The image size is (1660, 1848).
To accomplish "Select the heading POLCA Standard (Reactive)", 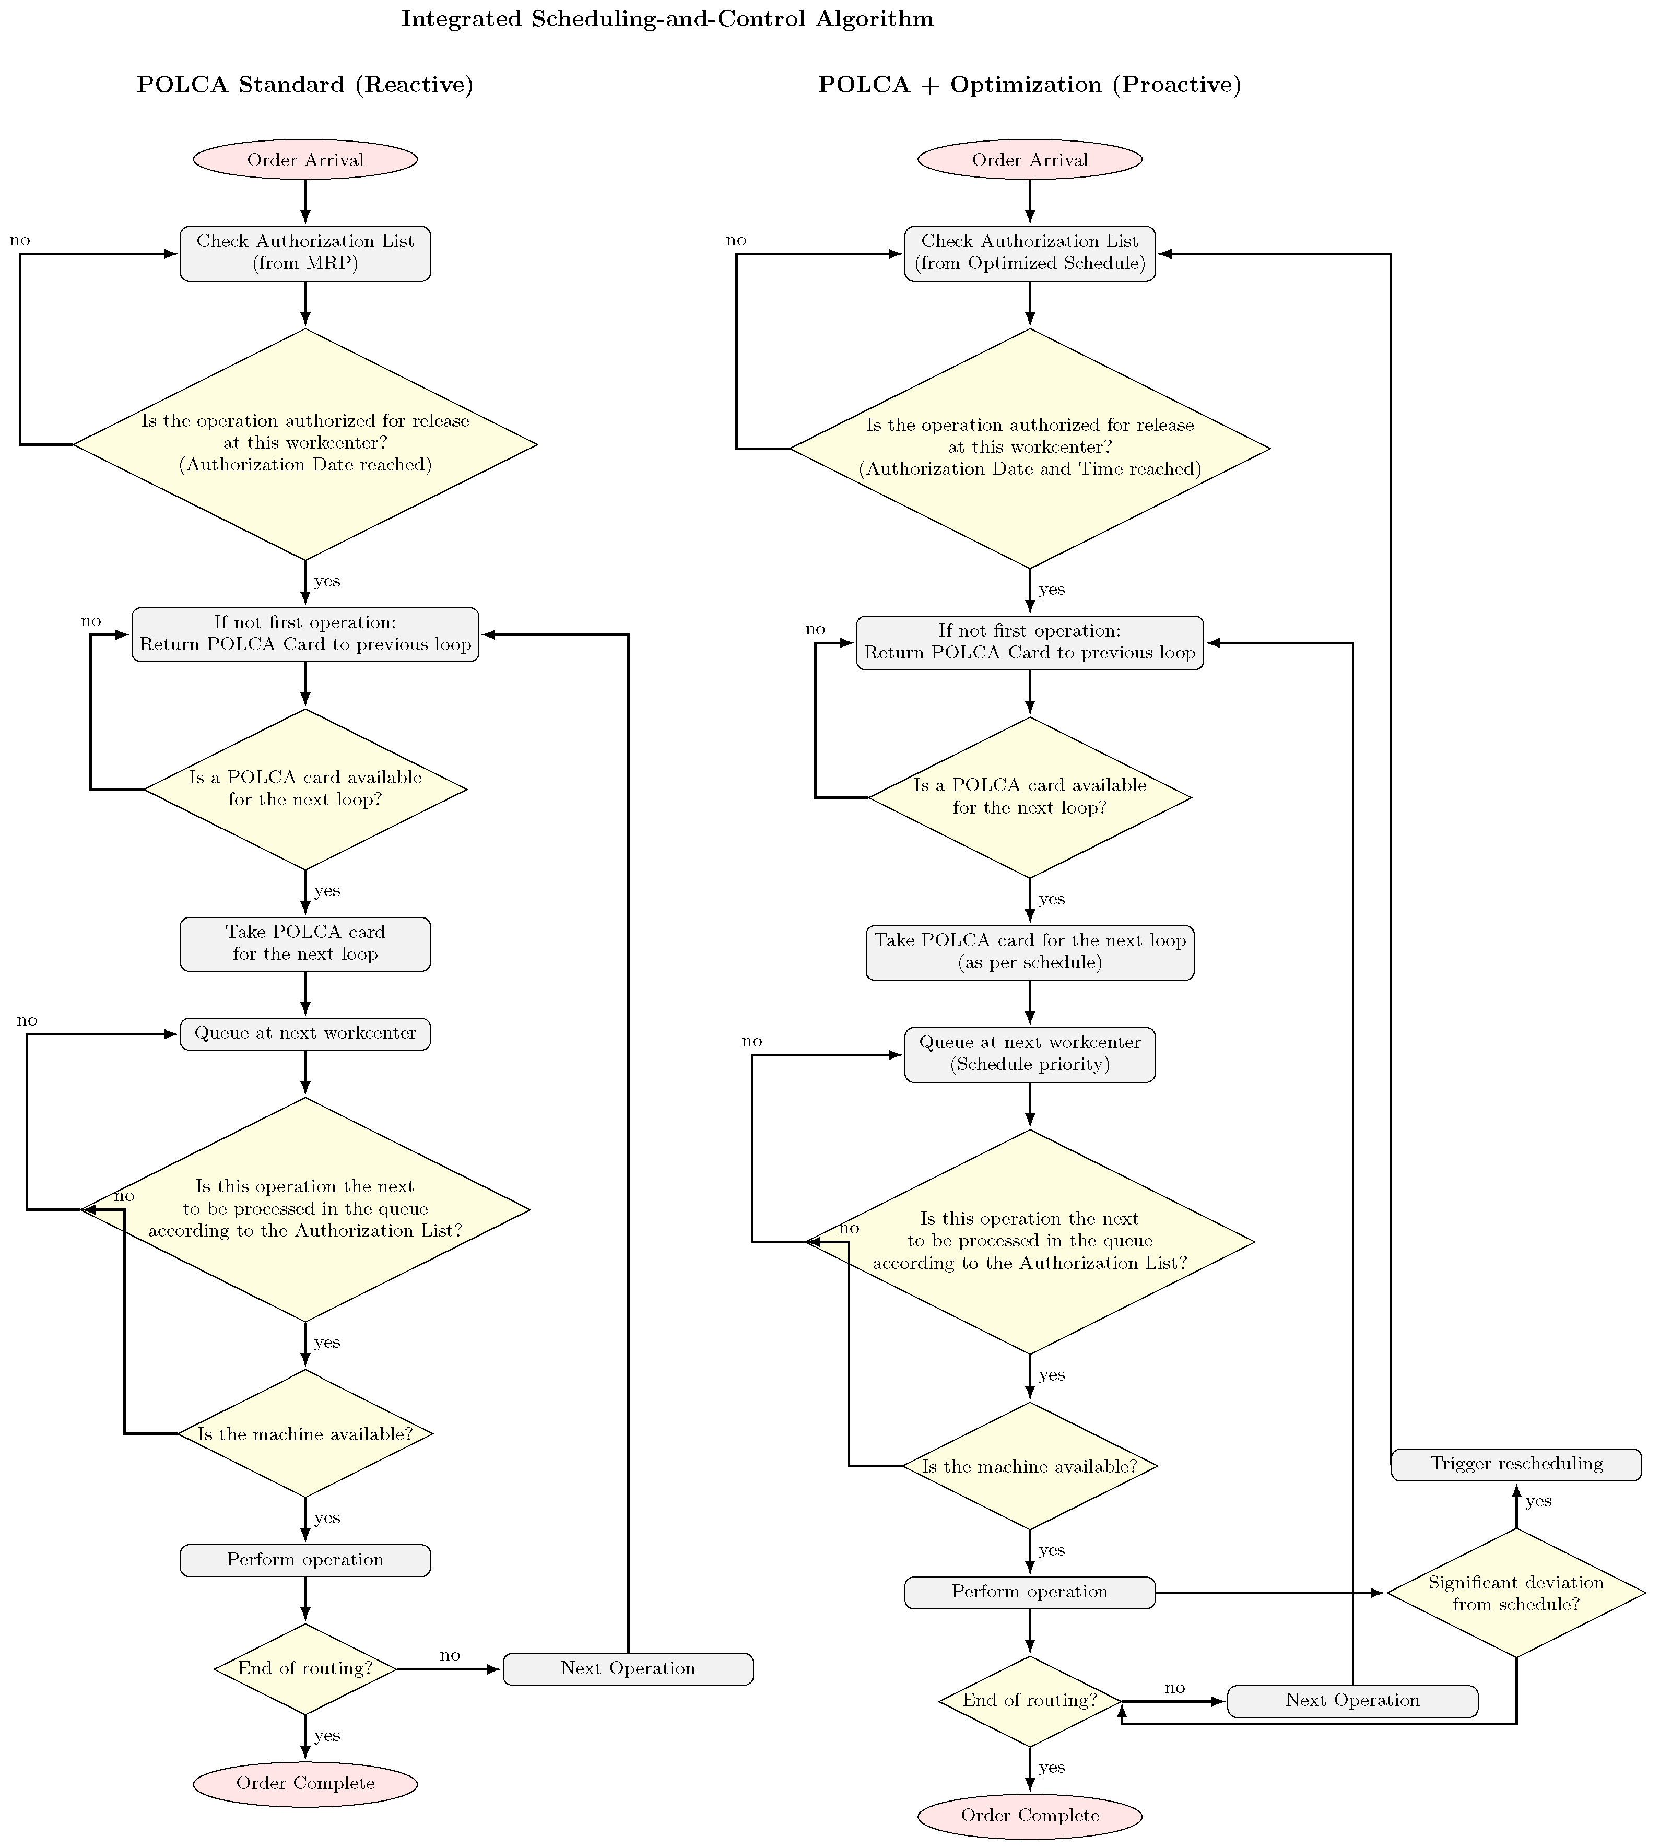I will [x=304, y=85].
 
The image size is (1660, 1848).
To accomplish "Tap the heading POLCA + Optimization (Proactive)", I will [x=1029, y=85].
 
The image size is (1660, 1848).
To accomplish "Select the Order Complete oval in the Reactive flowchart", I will [x=304, y=1782].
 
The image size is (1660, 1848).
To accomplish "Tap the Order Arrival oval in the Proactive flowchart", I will [x=1029, y=160].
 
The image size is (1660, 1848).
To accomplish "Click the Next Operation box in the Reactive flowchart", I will [x=628, y=1668].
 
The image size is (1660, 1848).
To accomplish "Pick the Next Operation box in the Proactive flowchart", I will [x=1352, y=1700].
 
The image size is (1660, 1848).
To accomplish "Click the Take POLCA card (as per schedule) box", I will [x=1029, y=952].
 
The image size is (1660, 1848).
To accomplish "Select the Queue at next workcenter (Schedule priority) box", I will [x=1029, y=1054].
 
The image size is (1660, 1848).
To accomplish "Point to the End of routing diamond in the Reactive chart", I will [x=304, y=1668].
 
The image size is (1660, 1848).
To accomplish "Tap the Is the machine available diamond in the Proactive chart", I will [x=1029, y=1466].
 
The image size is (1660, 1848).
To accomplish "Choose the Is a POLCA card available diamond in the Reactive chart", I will [x=304, y=788].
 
